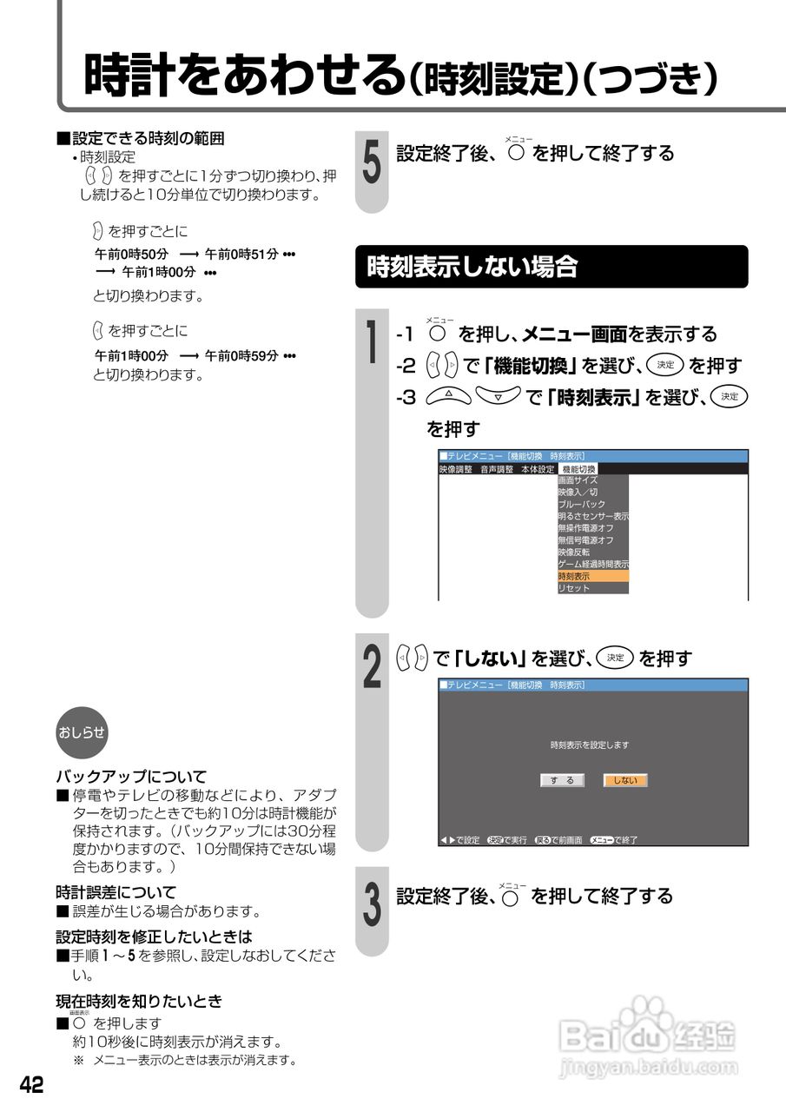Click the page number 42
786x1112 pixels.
(x=31, y=1085)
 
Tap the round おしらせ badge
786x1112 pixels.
(x=82, y=731)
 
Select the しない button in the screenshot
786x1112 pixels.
(x=625, y=780)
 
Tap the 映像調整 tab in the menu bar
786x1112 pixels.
(x=456, y=468)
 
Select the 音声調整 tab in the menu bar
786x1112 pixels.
(x=497, y=468)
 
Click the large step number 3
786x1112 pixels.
(x=372, y=903)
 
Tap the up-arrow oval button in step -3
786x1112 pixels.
(x=449, y=396)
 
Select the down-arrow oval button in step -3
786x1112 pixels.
(x=498, y=396)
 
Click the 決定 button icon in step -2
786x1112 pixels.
(x=665, y=365)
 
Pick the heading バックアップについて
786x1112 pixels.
(x=131, y=776)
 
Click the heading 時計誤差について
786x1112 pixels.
(x=116, y=891)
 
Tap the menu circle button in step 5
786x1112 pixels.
(x=518, y=156)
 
